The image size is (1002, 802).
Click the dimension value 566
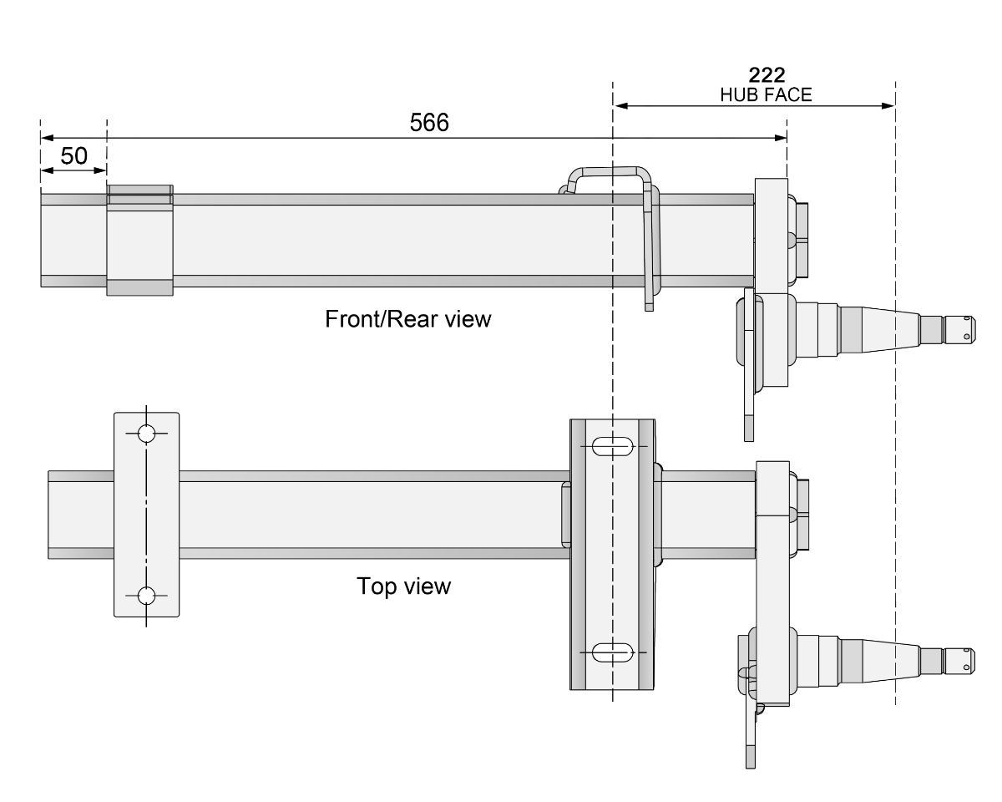(x=429, y=123)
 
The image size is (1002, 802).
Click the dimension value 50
(x=73, y=156)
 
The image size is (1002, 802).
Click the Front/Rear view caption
(x=408, y=319)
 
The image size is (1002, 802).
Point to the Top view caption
(x=403, y=586)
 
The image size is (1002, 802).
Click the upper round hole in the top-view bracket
(x=146, y=434)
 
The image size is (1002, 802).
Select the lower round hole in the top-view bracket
(x=146, y=596)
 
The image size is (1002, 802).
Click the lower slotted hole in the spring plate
(x=612, y=652)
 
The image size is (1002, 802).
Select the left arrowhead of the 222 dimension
(x=620, y=105)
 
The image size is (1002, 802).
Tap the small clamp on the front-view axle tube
(x=139, y=240)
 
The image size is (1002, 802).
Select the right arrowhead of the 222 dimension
(x=888, y=105)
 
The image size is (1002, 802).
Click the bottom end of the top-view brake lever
(x=749, y=762)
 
